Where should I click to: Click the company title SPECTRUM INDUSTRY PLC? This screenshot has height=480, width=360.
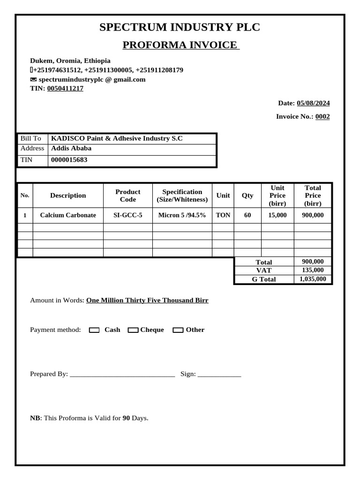(x=180, y=27)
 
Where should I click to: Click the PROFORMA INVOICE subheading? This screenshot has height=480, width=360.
(x=180, y=45)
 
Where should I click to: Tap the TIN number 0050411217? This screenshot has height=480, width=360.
(x=65, y=88)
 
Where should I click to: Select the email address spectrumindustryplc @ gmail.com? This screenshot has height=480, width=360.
(x=92, y=79)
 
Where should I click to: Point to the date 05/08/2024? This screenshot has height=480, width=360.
(x=313, y=103)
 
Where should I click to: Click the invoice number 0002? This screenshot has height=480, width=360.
(x=322, y=117)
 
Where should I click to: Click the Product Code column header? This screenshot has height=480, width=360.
(x=127, y=195)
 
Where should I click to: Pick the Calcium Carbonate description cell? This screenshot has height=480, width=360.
(x=68, y=215)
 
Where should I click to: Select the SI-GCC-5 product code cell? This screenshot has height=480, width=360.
(x=127, y=215)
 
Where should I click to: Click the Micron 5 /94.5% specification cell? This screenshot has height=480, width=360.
(x=182, y=215)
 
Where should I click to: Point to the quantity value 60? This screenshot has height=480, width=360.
(x=247, y=215)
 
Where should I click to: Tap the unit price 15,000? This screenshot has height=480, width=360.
(x=277, y=215)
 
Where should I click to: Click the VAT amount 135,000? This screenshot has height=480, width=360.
(x=312, y=270)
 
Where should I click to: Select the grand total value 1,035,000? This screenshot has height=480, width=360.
(x=312, y=279)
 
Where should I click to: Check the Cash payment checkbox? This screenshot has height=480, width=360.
(x=94, y=330)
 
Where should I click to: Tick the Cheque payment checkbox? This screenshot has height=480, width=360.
(x=133, y=330)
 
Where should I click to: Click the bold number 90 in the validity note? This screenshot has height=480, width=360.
(x=126, y=418)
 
